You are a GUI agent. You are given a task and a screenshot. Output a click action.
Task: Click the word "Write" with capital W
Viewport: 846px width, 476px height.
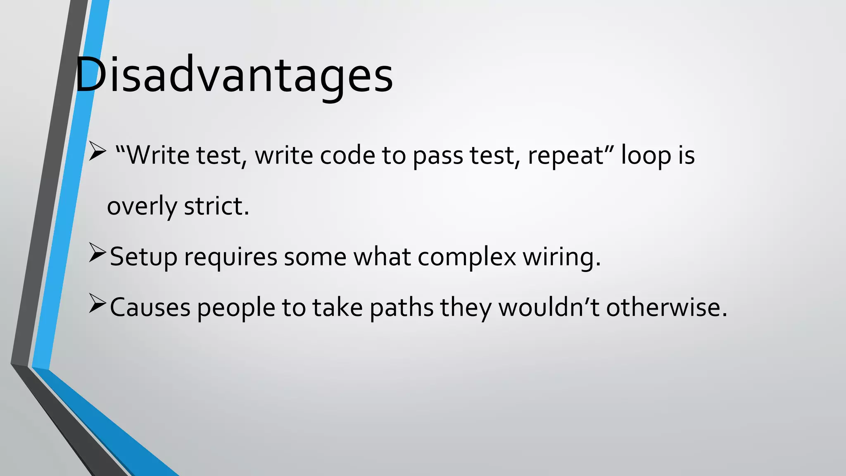(x=153, y=155)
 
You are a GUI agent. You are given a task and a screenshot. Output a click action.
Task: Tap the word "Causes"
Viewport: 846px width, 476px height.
(x=150, y=308)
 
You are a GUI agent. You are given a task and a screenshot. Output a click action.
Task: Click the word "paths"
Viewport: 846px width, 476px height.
(x=402, y=308)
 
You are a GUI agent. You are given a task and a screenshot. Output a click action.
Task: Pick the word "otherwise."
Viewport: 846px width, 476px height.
(x=666, y=307)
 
